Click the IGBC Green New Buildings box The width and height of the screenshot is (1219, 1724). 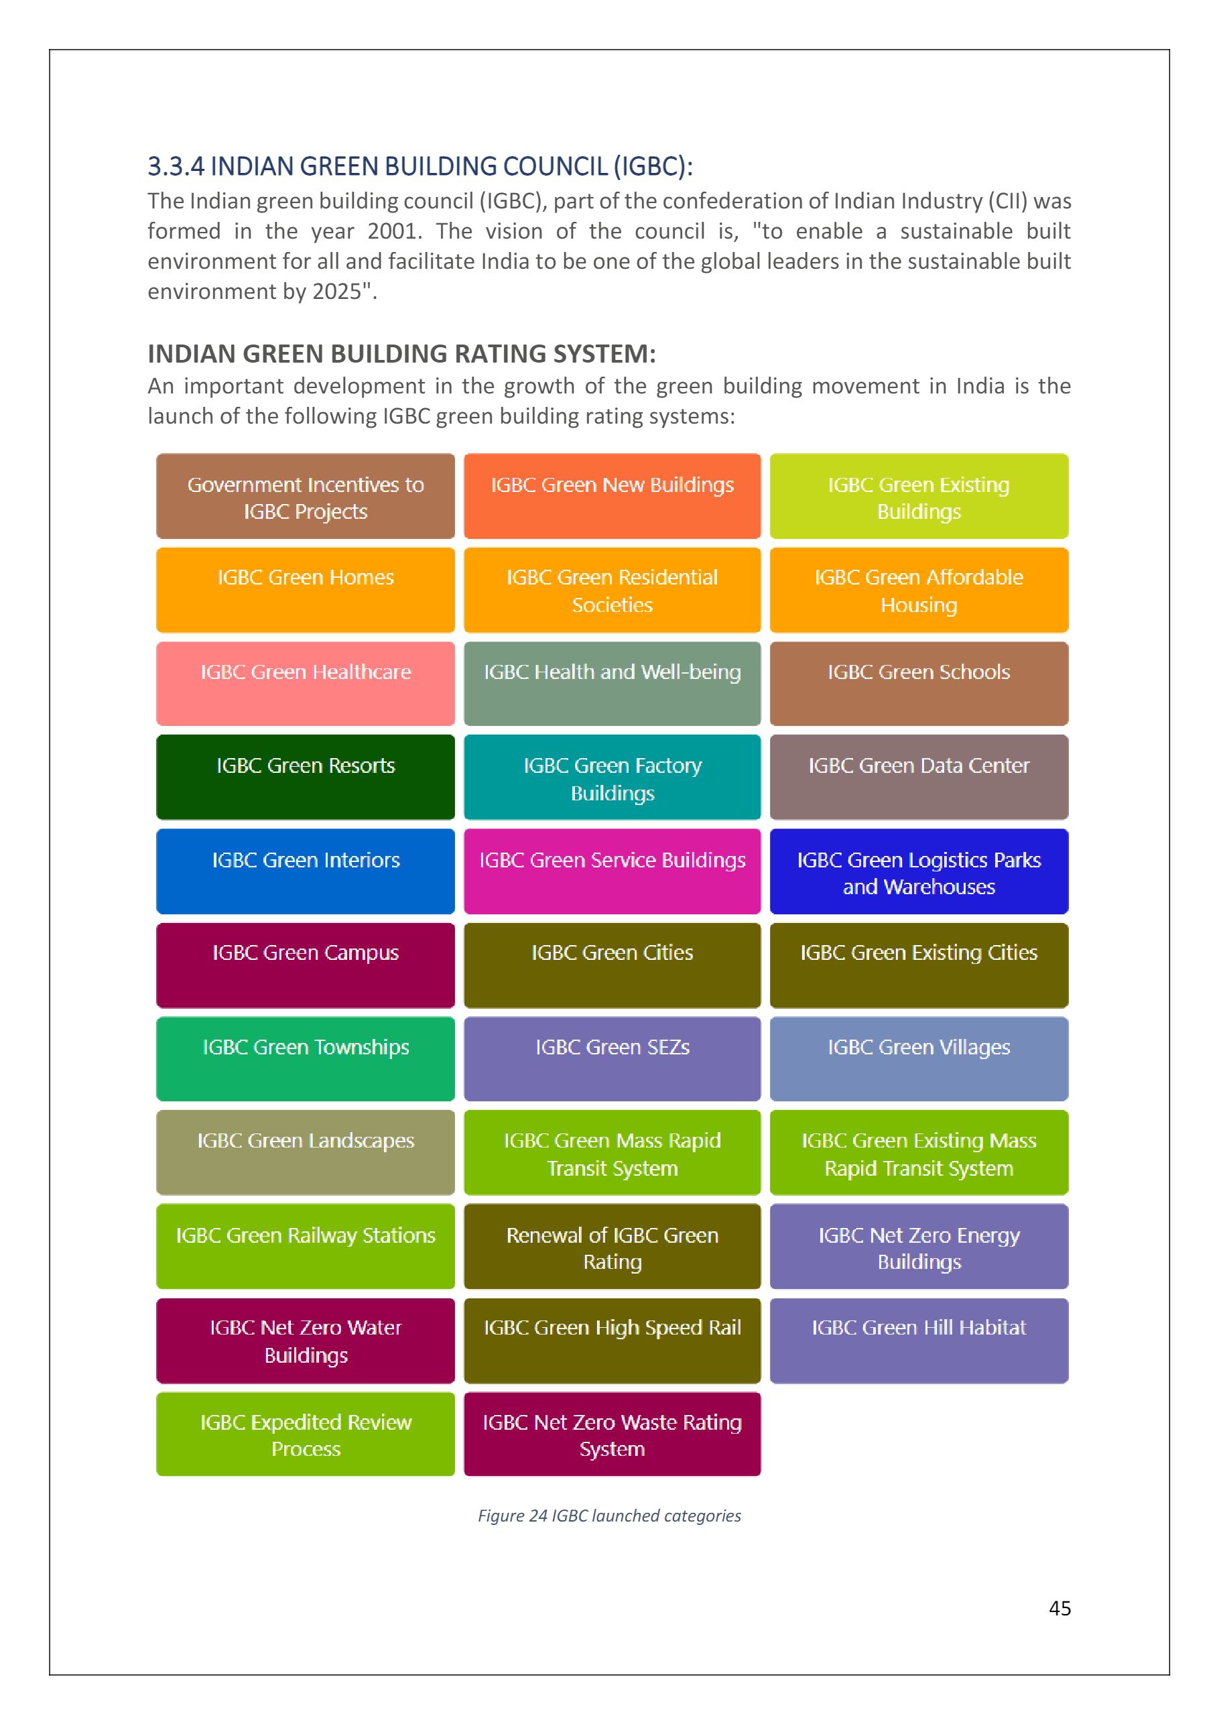612,495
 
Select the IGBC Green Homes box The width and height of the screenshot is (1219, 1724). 306,589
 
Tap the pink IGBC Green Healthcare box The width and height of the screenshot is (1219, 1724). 306,683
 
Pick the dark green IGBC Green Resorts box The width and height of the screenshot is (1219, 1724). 306,776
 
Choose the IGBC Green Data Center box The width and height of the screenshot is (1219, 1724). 919,776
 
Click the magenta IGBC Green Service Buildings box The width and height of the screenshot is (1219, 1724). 612,871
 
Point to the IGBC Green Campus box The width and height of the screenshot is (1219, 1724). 306,965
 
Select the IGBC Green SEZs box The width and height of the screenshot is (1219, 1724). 612,1058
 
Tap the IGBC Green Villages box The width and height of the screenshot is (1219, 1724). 919,1058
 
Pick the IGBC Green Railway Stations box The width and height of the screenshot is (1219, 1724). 306,1247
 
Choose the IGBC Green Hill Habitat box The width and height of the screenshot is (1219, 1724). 919,1341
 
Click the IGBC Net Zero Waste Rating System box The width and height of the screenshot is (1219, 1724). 612,1434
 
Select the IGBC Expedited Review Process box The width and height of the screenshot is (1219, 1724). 306,1434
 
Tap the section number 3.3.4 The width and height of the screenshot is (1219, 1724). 176,167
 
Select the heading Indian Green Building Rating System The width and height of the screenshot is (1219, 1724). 401,354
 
